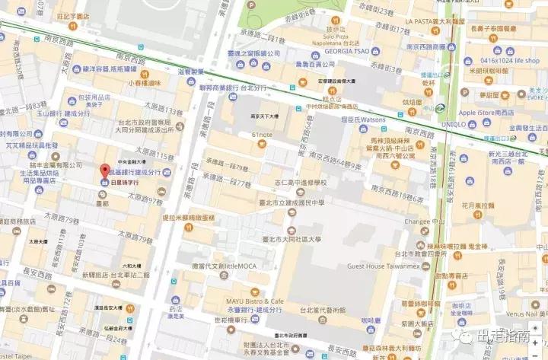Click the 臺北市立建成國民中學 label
click(314, 203)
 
